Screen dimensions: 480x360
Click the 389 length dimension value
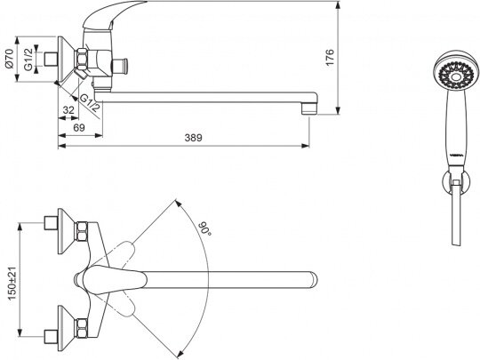point(193,138)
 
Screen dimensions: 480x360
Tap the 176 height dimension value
point(330,57)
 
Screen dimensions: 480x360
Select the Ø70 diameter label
point(10,58)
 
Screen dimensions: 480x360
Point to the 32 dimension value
point(68,110)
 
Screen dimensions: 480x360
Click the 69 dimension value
point(79,128)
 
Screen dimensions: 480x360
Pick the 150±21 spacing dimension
point(12,284)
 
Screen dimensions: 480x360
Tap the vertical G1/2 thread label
point(28,59)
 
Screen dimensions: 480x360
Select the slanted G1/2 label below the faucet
point(90,103)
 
